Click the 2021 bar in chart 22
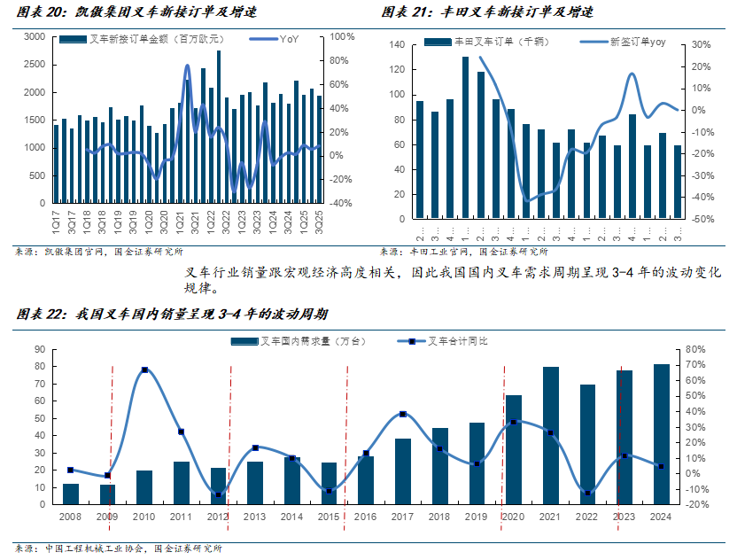(x=550, y=436)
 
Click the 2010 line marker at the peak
(x=144, y=369)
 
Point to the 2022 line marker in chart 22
(x=587, y=494)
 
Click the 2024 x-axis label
(x=661, y=516)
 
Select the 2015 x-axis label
(x=329, y=516)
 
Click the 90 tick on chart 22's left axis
(x=40, y=349)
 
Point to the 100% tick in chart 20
(x=342, y=36)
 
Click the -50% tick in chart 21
(x=702, y=219)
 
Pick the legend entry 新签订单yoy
(x=637, y=41)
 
